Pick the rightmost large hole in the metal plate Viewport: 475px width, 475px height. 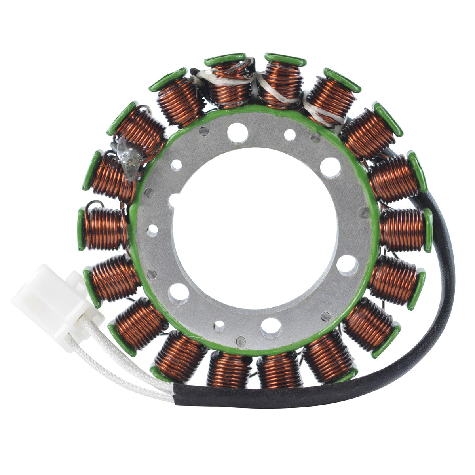pyautogui.click(x=347, y=263)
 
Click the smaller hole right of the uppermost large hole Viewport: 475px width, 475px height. pyautogui.click(x=289, y=133)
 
